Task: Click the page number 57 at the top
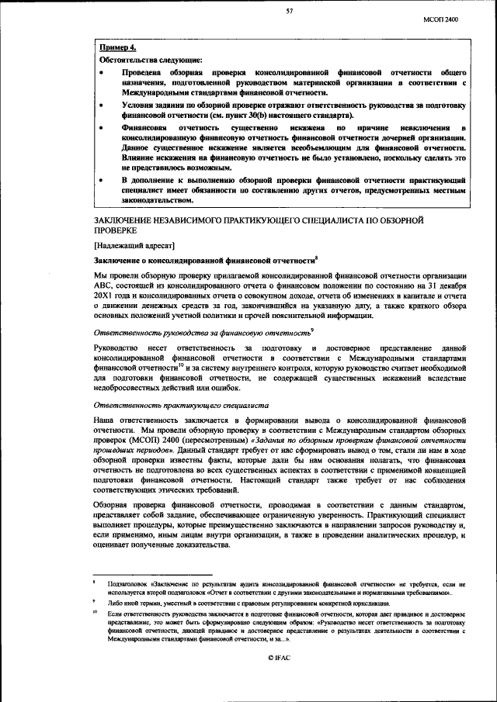[289, 11]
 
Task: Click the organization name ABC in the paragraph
[102, 288]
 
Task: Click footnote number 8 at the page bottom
[94, 580]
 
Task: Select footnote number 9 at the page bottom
[94, 601]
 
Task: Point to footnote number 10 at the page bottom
[94, 613]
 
